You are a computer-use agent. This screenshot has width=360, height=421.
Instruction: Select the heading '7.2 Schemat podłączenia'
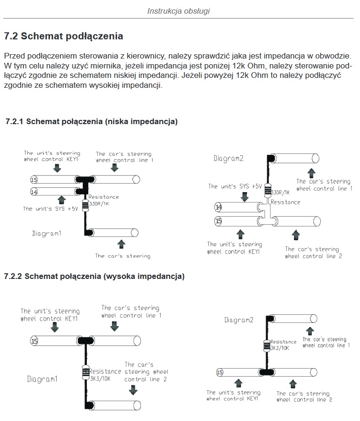click(63, 36)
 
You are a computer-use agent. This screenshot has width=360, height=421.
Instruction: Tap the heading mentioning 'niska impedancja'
click(91, 122)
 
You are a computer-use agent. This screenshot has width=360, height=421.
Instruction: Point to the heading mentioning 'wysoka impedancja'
click(94, 276)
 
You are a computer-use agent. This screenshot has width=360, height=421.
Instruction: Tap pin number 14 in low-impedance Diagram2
click(218, 207)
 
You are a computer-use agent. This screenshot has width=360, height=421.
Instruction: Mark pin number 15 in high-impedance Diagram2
click(219, 372)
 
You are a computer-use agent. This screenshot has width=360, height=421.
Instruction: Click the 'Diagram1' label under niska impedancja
click(47, 234)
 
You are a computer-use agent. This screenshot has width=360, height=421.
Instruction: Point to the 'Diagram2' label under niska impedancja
click(229, 159)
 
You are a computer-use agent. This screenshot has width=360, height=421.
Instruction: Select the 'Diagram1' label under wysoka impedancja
click(42, 379)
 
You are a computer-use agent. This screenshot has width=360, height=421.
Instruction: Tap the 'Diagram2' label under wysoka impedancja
click(239, 320)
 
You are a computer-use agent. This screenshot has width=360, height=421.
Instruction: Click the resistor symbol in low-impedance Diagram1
click(86, 205)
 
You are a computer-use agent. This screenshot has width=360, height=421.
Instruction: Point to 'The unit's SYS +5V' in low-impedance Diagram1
click(51, 209)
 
